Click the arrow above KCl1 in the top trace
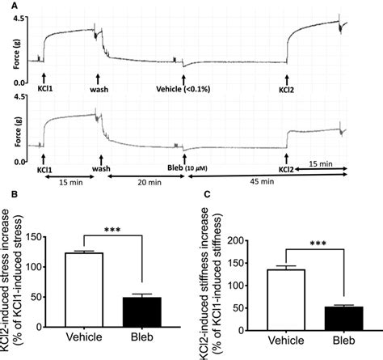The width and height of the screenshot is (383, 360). pos(43,77)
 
